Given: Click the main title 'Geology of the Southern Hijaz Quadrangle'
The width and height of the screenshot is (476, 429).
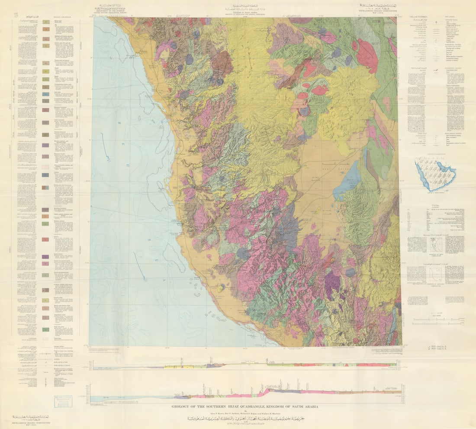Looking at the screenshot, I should click(x=246, y=407).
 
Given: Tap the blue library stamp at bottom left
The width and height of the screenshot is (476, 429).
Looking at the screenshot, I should click(x=61, y=401).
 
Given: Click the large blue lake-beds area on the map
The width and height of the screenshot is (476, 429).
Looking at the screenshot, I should click(x=347, y=179).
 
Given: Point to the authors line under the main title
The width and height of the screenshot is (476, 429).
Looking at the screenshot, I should click(x=246, y=413).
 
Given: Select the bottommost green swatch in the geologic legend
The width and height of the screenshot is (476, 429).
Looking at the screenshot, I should click(x=46, y=329).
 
